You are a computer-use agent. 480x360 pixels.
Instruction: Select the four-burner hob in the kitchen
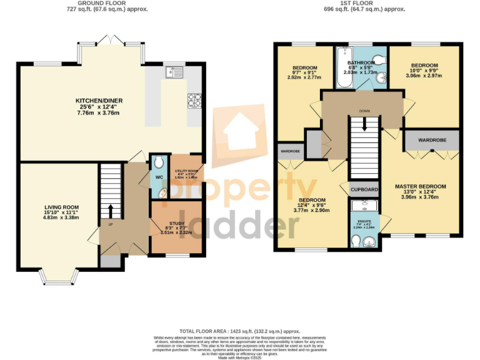(x=194, y=99)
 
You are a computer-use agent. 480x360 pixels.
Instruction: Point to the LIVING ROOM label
(x=61, y=207)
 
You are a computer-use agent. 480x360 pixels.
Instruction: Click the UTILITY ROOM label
(x=186, y=171)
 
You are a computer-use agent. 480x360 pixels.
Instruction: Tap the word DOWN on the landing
(x=365, y=111)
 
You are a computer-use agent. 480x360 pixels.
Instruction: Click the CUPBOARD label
(x=364, y=189)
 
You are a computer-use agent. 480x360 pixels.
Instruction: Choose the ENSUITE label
(x=364, y=221)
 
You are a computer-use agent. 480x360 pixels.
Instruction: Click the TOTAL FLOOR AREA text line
(x=240, y=331)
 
